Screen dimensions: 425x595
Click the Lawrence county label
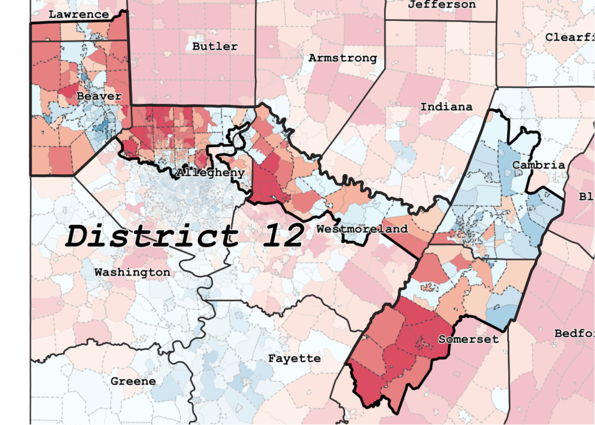coord(78,15)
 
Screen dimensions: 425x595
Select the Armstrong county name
coord(342,58)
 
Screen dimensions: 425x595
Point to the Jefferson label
coord(442,5)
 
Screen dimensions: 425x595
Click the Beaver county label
coord(99,96)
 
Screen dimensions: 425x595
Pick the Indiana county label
coord(446,107)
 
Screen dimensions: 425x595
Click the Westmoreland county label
coord(362,229)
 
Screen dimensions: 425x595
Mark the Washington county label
coord(132,272)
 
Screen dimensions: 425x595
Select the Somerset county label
coord(468,339)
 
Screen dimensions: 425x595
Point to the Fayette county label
coord(294,359)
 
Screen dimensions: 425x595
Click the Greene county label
coord(133,381)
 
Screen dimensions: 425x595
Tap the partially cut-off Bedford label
coord(574,334)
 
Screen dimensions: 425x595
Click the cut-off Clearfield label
coord(569,37)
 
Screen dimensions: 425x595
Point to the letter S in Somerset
coord(442,339)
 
